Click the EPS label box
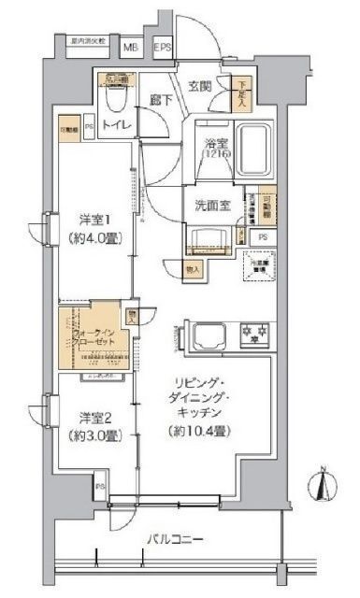[x=163, y=46]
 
